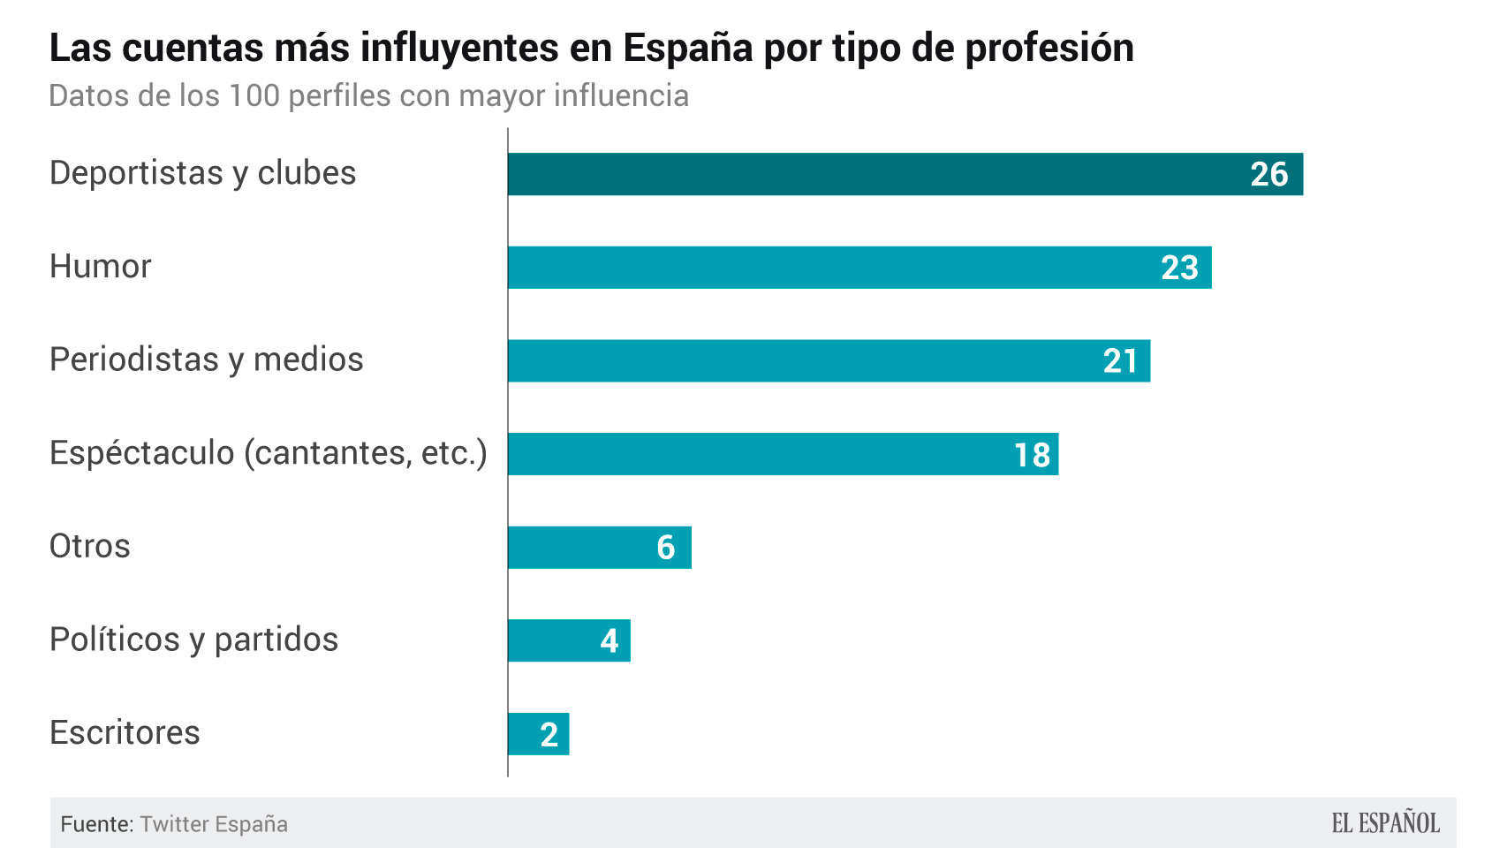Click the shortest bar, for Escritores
point(526,734)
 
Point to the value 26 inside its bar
point(1269,175)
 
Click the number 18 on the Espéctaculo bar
point(1032,455)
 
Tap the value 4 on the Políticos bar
point(610,641)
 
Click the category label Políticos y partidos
point(193,640)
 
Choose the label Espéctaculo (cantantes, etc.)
point(268,453)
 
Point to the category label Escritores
point(125,733)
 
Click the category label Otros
point(89,547)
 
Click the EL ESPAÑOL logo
point(1385,823)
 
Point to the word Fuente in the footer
point(95,824)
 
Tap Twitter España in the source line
point(214,824)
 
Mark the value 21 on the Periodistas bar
point(1120,361)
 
